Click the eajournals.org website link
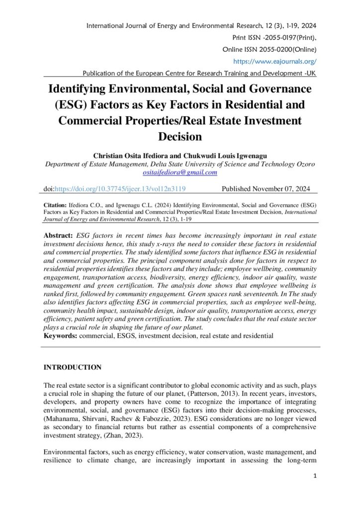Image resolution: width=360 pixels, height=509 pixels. [x=274, y=61]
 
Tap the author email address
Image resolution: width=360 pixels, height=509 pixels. [x=180, y=172]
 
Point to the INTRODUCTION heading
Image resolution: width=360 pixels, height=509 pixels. [x=73, y=367]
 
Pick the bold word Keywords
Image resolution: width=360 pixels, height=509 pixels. [x=60, y=336]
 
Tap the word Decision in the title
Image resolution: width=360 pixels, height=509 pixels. [x=180, y=136]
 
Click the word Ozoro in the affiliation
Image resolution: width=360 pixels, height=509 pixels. [x=304, y=165]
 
